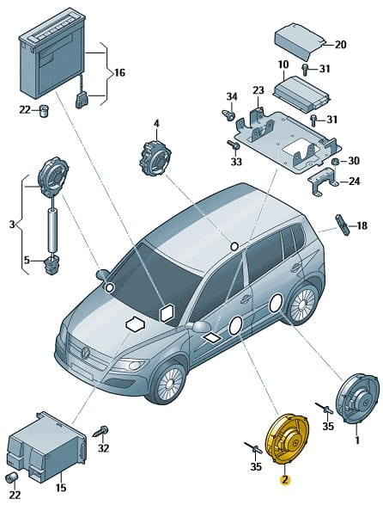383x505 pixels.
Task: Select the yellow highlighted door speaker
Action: [x=287, y=439]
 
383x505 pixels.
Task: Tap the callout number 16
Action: [x=119, y=73]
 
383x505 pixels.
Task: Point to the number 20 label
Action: [x=341, y=45]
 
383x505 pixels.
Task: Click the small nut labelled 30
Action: [x=334, y=162]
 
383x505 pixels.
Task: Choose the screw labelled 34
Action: [x=228, y=115]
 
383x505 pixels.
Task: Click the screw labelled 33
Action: [x=234, y=145]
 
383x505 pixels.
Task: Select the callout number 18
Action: [x=362, y=225]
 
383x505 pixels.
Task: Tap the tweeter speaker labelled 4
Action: [x=155, y=157]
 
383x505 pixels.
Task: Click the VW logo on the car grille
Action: [x=85, y=352]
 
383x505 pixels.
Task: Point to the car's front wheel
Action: [x=168, y=383]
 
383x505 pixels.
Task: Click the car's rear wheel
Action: [x=301, y=304]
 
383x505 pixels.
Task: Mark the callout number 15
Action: [x=61, y=488]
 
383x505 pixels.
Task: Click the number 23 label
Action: [x=258, y=90]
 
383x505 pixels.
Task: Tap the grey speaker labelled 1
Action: [x=357, y=398]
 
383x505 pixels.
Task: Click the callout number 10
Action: [x=283, y=65]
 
